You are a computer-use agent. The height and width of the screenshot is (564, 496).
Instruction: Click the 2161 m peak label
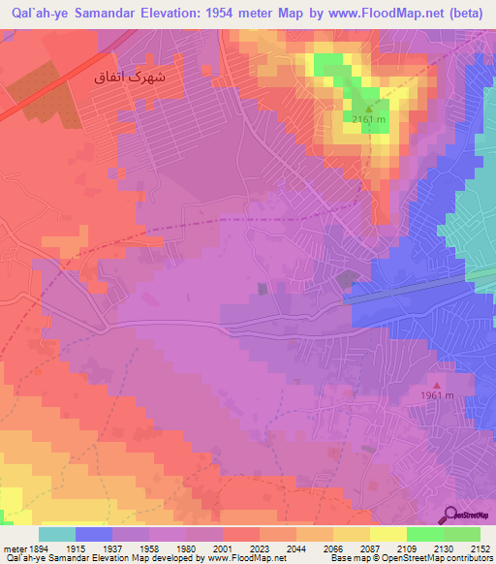pyautogui.click(x=369, y=119)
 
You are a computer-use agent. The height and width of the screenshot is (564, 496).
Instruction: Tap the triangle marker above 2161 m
pyautogui.click(x=369, y=109)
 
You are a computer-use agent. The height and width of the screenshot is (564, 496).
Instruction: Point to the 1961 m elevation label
pyautogui.click(x=436, y=395)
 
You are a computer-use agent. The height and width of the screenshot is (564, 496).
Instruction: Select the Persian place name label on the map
pyautogui.click(x=137, y=75)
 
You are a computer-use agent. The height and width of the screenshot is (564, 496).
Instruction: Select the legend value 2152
pyautogui.click(x=480, y=548)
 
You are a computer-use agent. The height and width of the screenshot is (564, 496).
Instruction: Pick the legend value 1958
pyautogui.click(x=147, y=548)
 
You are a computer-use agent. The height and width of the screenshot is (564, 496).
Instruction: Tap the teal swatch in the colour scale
pyautogui.click(x=57, y=534)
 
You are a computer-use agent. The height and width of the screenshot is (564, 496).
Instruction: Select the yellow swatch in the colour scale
pyautogui.click(x=388, y=534)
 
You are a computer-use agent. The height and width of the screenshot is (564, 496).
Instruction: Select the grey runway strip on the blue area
pyautogui.click(x=407, y=290)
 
